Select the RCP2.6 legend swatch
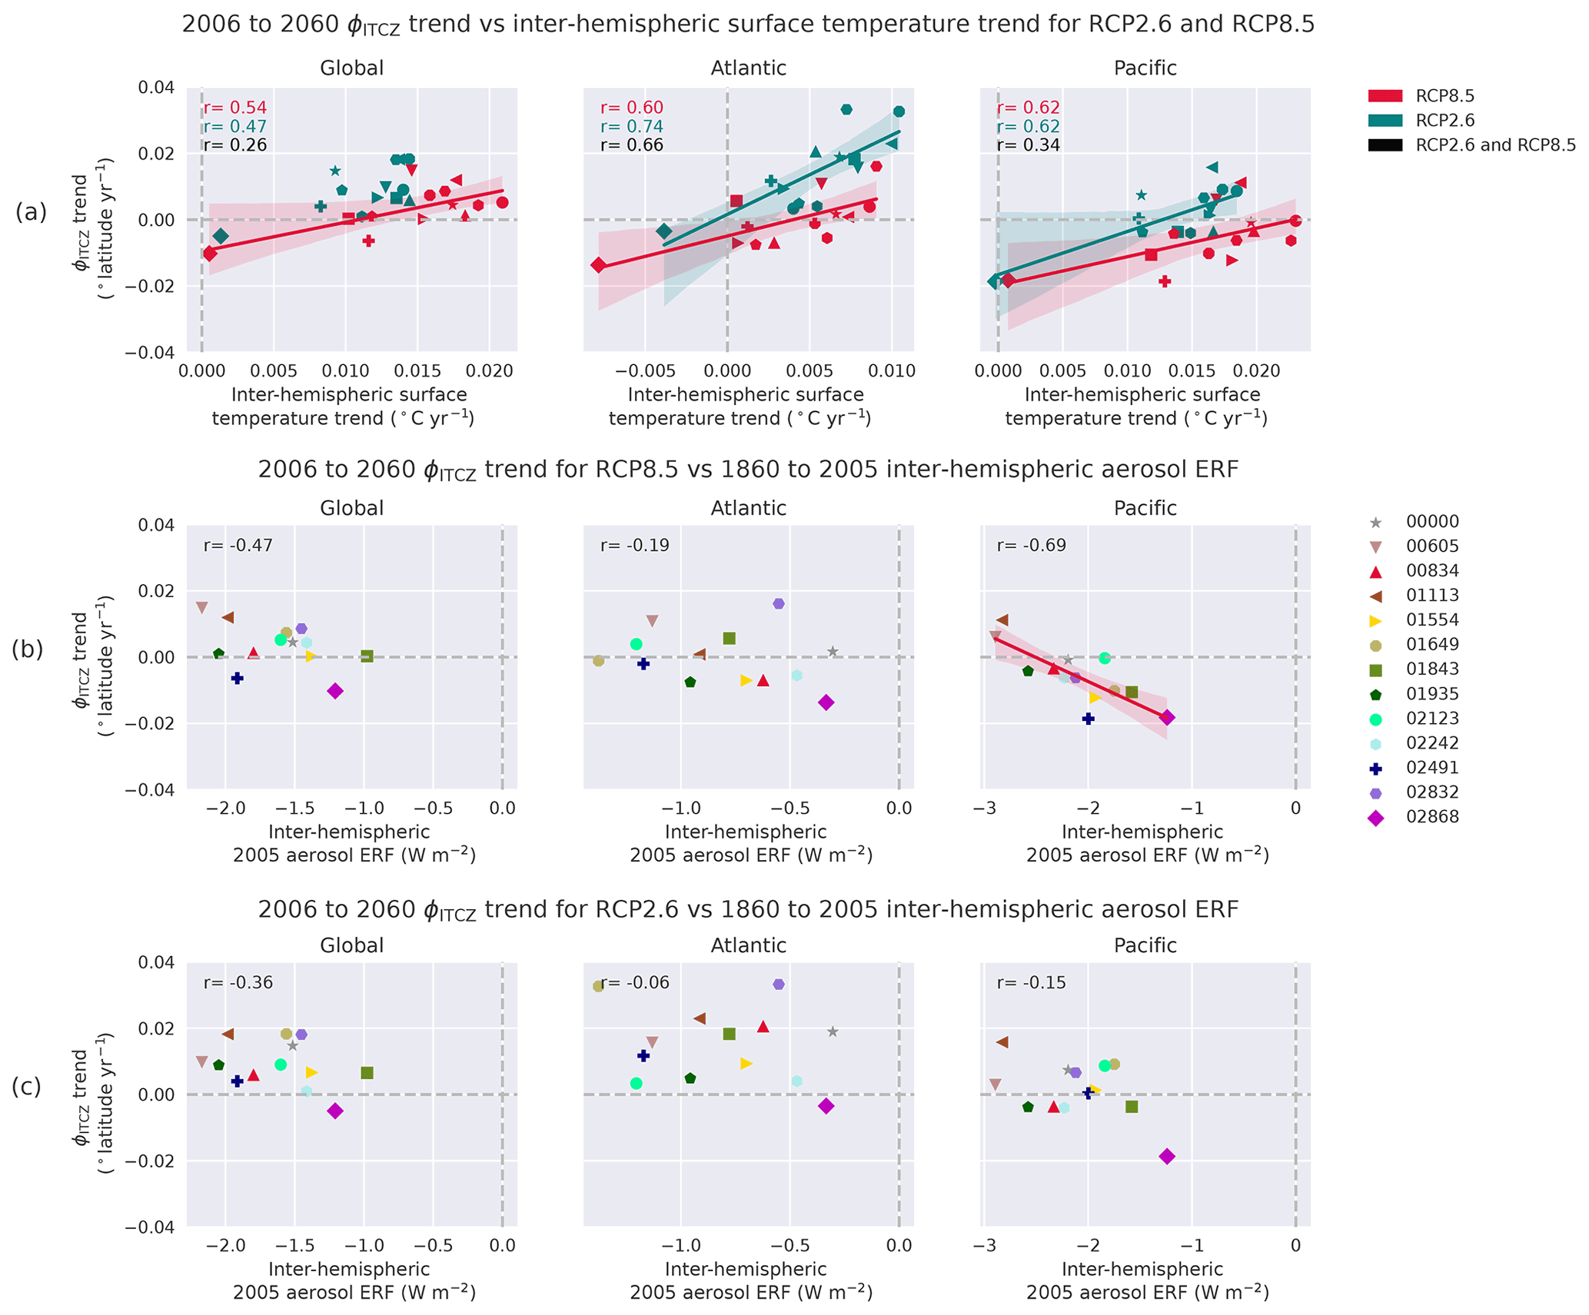pyautogui.click(x=1385, y=121)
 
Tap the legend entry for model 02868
pyautogui.click(x=1431, y=817)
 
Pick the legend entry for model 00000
pyautogui.click(x=1431, y=522)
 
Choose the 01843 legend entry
pyautogui.click(x=1431, y=669)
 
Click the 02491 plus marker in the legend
pyautogui.click(x=1376, y=768)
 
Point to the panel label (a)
pyautogui.click(x=32, y=212)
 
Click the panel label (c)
pyautogui.click(x=27, y=1087)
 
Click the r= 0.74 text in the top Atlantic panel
pyautogui.click(x=631, y=127)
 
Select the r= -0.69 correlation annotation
pyautogui.click(x=1031, y=546)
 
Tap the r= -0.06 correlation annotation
pyautogui.click(x=635, y=983)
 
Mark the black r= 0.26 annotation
pyautogui.click(x=234, y=145)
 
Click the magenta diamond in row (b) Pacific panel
pyautogui.click(x=1167, y=717)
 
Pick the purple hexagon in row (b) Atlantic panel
pyautogui.click(x=779, y=604)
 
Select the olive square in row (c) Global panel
pyautogui.click(x=367, y=1073)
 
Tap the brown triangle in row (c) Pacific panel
pyautogui.click(x=1002, y=1042)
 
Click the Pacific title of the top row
pyautogui.click(x=1145, y=68)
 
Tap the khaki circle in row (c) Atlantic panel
pyautogui.click(x=598, y=986)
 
